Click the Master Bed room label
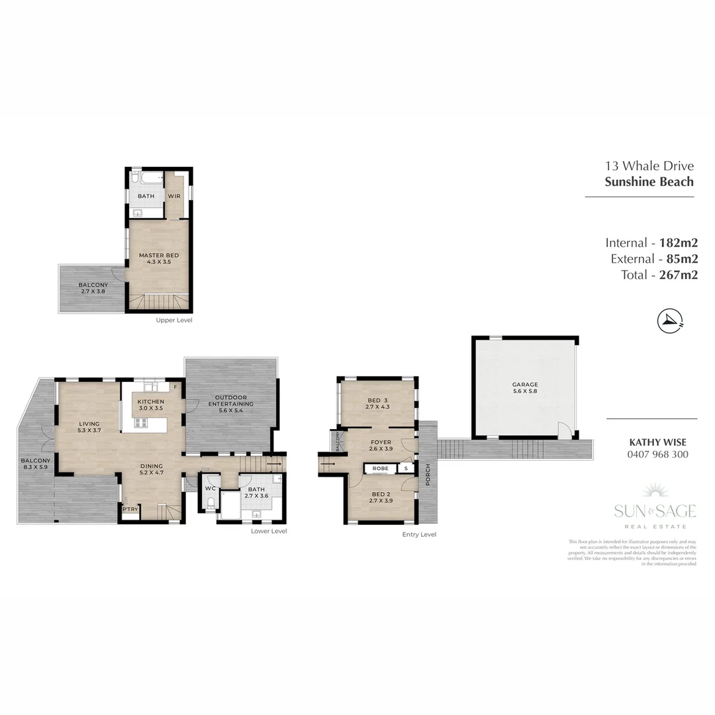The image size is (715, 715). [158, 258]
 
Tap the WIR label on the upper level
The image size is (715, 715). [174, 197]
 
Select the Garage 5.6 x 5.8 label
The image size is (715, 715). [524, 388]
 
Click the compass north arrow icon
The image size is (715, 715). [670, 321]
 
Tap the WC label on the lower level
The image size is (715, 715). [211, 489]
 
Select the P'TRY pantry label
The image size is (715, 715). [129, 509]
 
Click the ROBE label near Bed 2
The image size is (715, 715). [380, 468]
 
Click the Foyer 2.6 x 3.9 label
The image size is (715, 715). [380, 446]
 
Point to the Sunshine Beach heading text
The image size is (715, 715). [649, 182]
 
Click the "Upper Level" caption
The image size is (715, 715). [174, 320]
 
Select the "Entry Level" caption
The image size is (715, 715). [419, 534]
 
